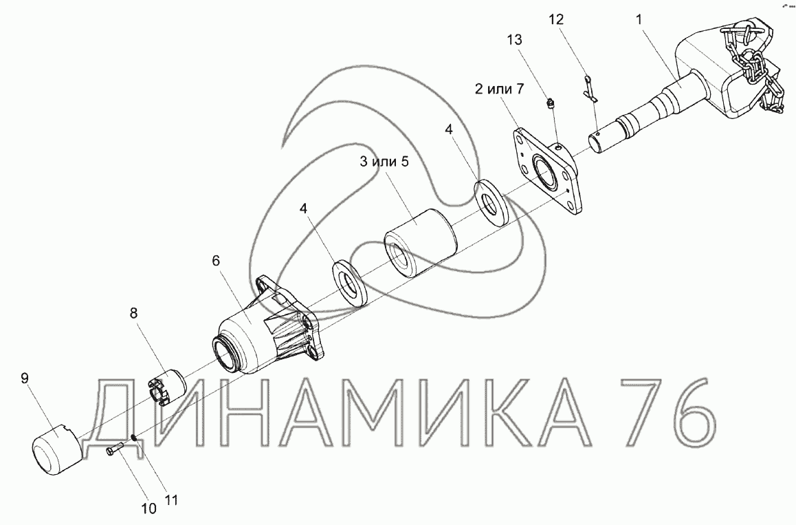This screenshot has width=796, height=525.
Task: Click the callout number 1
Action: click(639, 20)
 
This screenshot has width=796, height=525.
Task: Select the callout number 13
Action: click(514, 39)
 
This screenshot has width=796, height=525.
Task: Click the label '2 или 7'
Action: click(498, 89)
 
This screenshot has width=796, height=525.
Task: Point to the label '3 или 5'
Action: click(384, 162)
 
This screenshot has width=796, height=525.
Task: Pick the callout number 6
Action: click(216, 261)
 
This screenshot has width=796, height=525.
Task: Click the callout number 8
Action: click(133, 313)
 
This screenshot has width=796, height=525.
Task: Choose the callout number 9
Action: click(25, 378)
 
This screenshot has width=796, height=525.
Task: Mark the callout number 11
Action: click(172, 500)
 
